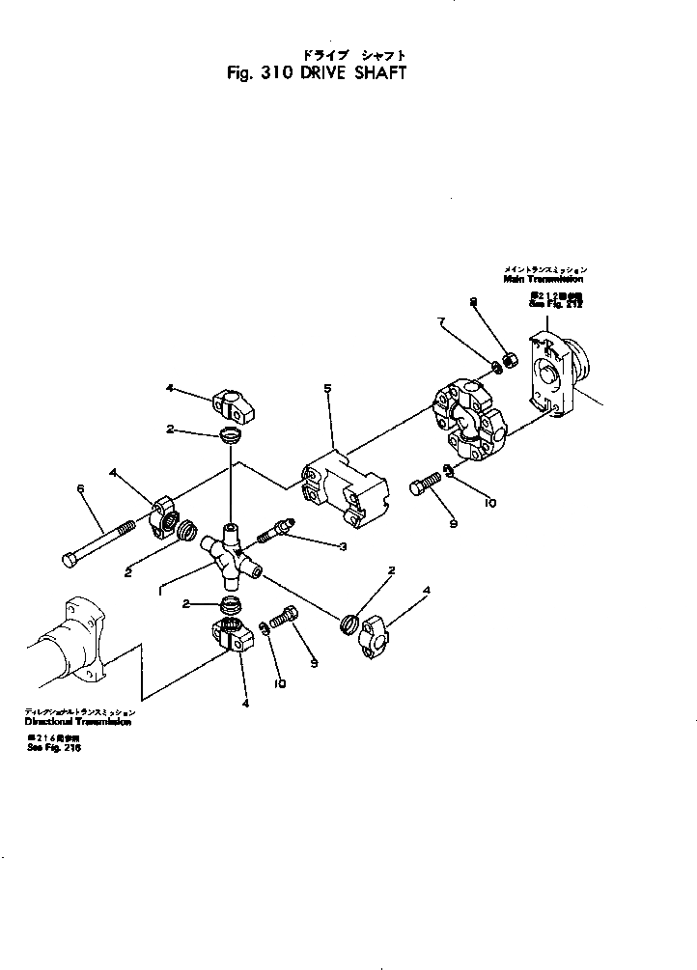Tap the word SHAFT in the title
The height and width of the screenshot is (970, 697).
tap(378, 73)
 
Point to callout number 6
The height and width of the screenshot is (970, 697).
tap(81, 489)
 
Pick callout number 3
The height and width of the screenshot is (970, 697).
tap(315, 547)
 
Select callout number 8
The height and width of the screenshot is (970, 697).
tap(473, 303)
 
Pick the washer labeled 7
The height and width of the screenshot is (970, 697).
tap(497, 367)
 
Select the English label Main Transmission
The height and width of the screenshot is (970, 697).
tap(544, 279)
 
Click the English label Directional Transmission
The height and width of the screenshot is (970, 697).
tap(78, 721)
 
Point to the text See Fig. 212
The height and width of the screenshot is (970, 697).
tap(557, 304)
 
